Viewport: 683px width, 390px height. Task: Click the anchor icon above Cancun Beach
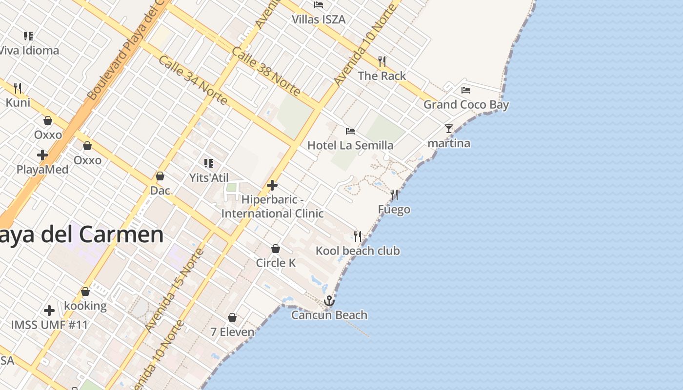(x=329, y=301)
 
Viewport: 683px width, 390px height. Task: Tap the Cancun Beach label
(x=329, y=315)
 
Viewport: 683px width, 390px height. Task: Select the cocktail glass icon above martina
(x=449, y=129)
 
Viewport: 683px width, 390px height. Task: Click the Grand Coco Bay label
(x=466, y=104)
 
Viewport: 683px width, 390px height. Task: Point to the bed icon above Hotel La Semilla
(x=350, y=131)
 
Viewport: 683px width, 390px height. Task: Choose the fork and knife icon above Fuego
(x=394, y=195)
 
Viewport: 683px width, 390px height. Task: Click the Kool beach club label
(x=358, y=251)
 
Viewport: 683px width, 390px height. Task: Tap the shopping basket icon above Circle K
(x=276, y=249)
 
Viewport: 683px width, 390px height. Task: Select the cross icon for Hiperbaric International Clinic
(x=272, y=185)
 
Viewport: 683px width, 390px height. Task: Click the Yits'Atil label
(x=209, y=178)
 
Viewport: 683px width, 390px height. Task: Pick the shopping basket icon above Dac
(x=160, y=176)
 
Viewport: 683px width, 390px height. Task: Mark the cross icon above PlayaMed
(x=42, y=155)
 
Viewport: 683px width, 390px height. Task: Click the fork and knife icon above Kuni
(x=18, y=88)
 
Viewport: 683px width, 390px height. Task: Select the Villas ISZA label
(x=319, y=19)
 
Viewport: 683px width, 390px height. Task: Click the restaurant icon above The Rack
(x=382, y=61)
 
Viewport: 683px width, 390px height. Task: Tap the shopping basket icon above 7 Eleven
(x=232, y=318)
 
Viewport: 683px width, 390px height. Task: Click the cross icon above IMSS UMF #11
(x=49, y=310)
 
